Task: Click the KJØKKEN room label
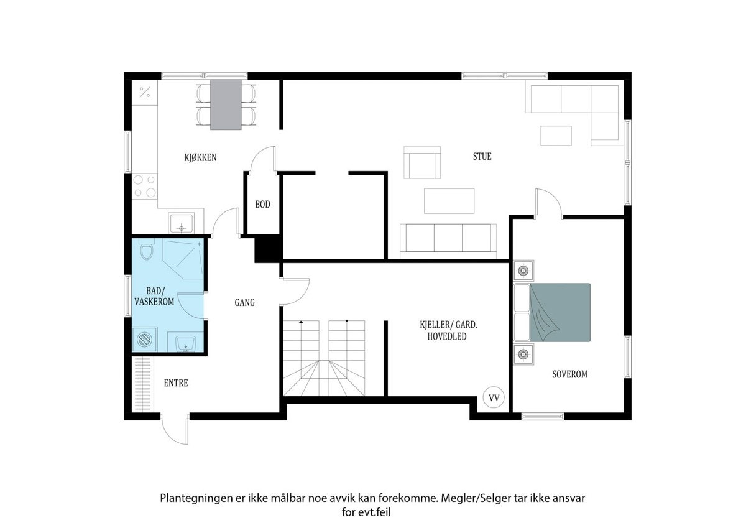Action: (x=200, y=157)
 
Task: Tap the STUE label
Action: (x=482, y=156)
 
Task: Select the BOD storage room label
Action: (x=262, y=204)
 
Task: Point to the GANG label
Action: (x=244, y=302)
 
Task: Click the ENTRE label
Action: (x=176, y=383)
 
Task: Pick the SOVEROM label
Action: (x=569, y=374)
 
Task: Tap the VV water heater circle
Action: (x=494, y=397)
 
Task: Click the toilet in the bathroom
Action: (x=146, y=249)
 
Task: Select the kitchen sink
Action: (x=182, y=223)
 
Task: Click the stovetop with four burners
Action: (x=144, y=186)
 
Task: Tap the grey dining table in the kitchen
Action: (x=226, y=104)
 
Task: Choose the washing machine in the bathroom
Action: (x=144, y=339)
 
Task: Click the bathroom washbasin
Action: (x=185, y=343)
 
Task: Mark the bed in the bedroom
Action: (x=552, y=312)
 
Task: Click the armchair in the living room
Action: (x=422, y=162)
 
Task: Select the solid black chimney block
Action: (x=269, y=249)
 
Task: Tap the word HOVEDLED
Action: (x=446, y=336)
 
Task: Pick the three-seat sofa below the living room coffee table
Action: (x=448, y=238)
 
